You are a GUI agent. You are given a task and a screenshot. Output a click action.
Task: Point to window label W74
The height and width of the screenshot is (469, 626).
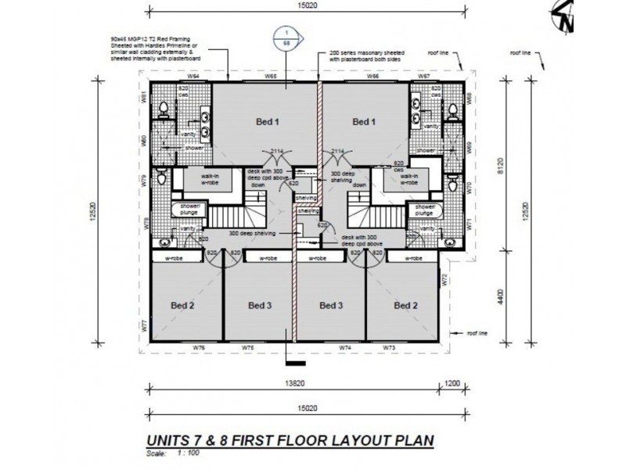(x=344, y=346)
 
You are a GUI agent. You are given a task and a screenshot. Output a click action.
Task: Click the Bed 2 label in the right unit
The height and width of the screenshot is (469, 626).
(x=406, y=305)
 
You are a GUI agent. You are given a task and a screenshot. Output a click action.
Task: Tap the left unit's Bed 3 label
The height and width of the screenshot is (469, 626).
(x=258, y=305)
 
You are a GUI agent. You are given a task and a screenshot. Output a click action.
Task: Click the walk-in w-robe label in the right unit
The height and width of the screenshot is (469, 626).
(x=408, y=180)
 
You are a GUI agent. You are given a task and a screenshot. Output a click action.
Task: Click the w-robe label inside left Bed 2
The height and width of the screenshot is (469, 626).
(x=180, y=257)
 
